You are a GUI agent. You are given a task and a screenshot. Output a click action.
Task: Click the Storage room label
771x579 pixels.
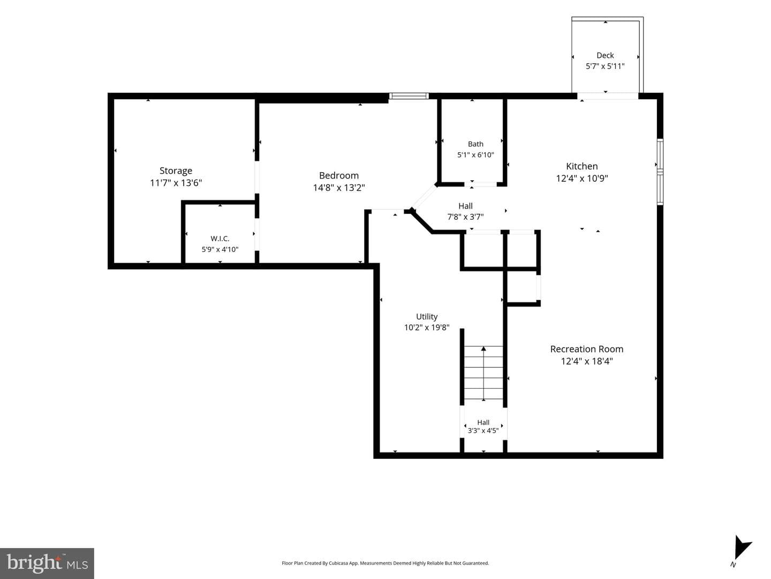(x=176, y=171)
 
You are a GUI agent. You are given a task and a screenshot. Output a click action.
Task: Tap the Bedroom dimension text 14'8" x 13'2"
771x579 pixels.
(x=339, y=188)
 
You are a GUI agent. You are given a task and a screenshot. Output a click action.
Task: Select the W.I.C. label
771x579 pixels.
(x=220, y=239)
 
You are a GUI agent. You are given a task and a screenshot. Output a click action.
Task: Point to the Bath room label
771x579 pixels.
(x=475, y=144)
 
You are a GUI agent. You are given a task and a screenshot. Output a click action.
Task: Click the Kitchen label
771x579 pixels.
(x=581, y=166)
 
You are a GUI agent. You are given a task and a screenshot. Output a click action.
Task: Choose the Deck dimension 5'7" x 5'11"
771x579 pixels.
(x=605, y=66)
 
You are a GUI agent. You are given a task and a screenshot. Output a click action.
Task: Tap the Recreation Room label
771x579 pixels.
(x=587, y=349)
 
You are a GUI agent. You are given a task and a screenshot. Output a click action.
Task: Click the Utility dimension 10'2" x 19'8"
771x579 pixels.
(x=427, y=328)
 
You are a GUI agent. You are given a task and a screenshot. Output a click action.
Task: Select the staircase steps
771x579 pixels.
(x=483, y=373)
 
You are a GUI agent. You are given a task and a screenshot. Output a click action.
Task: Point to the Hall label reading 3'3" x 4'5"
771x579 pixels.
(x=483, y=430)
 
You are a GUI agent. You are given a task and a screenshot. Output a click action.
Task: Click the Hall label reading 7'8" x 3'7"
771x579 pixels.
(x=465, y=217)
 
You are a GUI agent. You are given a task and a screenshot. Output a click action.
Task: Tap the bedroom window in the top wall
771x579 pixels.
(x=409, y=95)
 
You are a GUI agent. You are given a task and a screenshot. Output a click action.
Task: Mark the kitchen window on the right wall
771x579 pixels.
(x=660, y=172)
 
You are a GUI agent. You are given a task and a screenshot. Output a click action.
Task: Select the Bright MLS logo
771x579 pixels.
(x=47, y=563)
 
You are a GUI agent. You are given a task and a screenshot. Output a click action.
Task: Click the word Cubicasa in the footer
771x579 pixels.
(x=338, y=563)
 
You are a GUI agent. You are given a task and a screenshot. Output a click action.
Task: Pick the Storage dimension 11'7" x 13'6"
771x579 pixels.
(x=176, y=183)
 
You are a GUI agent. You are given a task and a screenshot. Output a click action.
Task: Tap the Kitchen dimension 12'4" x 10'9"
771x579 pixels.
(x=581, y=179)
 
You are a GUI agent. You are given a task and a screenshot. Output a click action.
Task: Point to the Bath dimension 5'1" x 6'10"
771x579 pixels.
(x=475, y=155)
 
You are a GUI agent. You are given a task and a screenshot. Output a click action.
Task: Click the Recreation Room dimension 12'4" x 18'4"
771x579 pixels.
(x=587, y=361)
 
